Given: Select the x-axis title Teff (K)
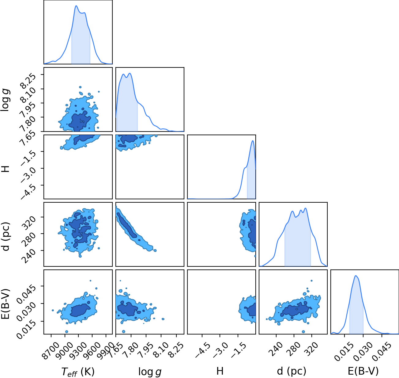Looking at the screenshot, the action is pyautogui.click(x=78, y=372).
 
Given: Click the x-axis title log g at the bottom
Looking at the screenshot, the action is pyautogui.click(x=150, y=372).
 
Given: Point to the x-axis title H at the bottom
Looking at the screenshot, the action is pyautogui.click(x=220, y=371).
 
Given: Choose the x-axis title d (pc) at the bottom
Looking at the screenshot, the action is pyautogui.click(x=292, y=371).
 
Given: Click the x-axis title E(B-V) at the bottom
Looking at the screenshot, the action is pyautogui.click(x=363, y=371).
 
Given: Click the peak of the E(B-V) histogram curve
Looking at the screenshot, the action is pyautogui.click(x=356, y=276).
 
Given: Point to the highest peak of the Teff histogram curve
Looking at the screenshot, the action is pyautogui.click(x=76, y=6).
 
